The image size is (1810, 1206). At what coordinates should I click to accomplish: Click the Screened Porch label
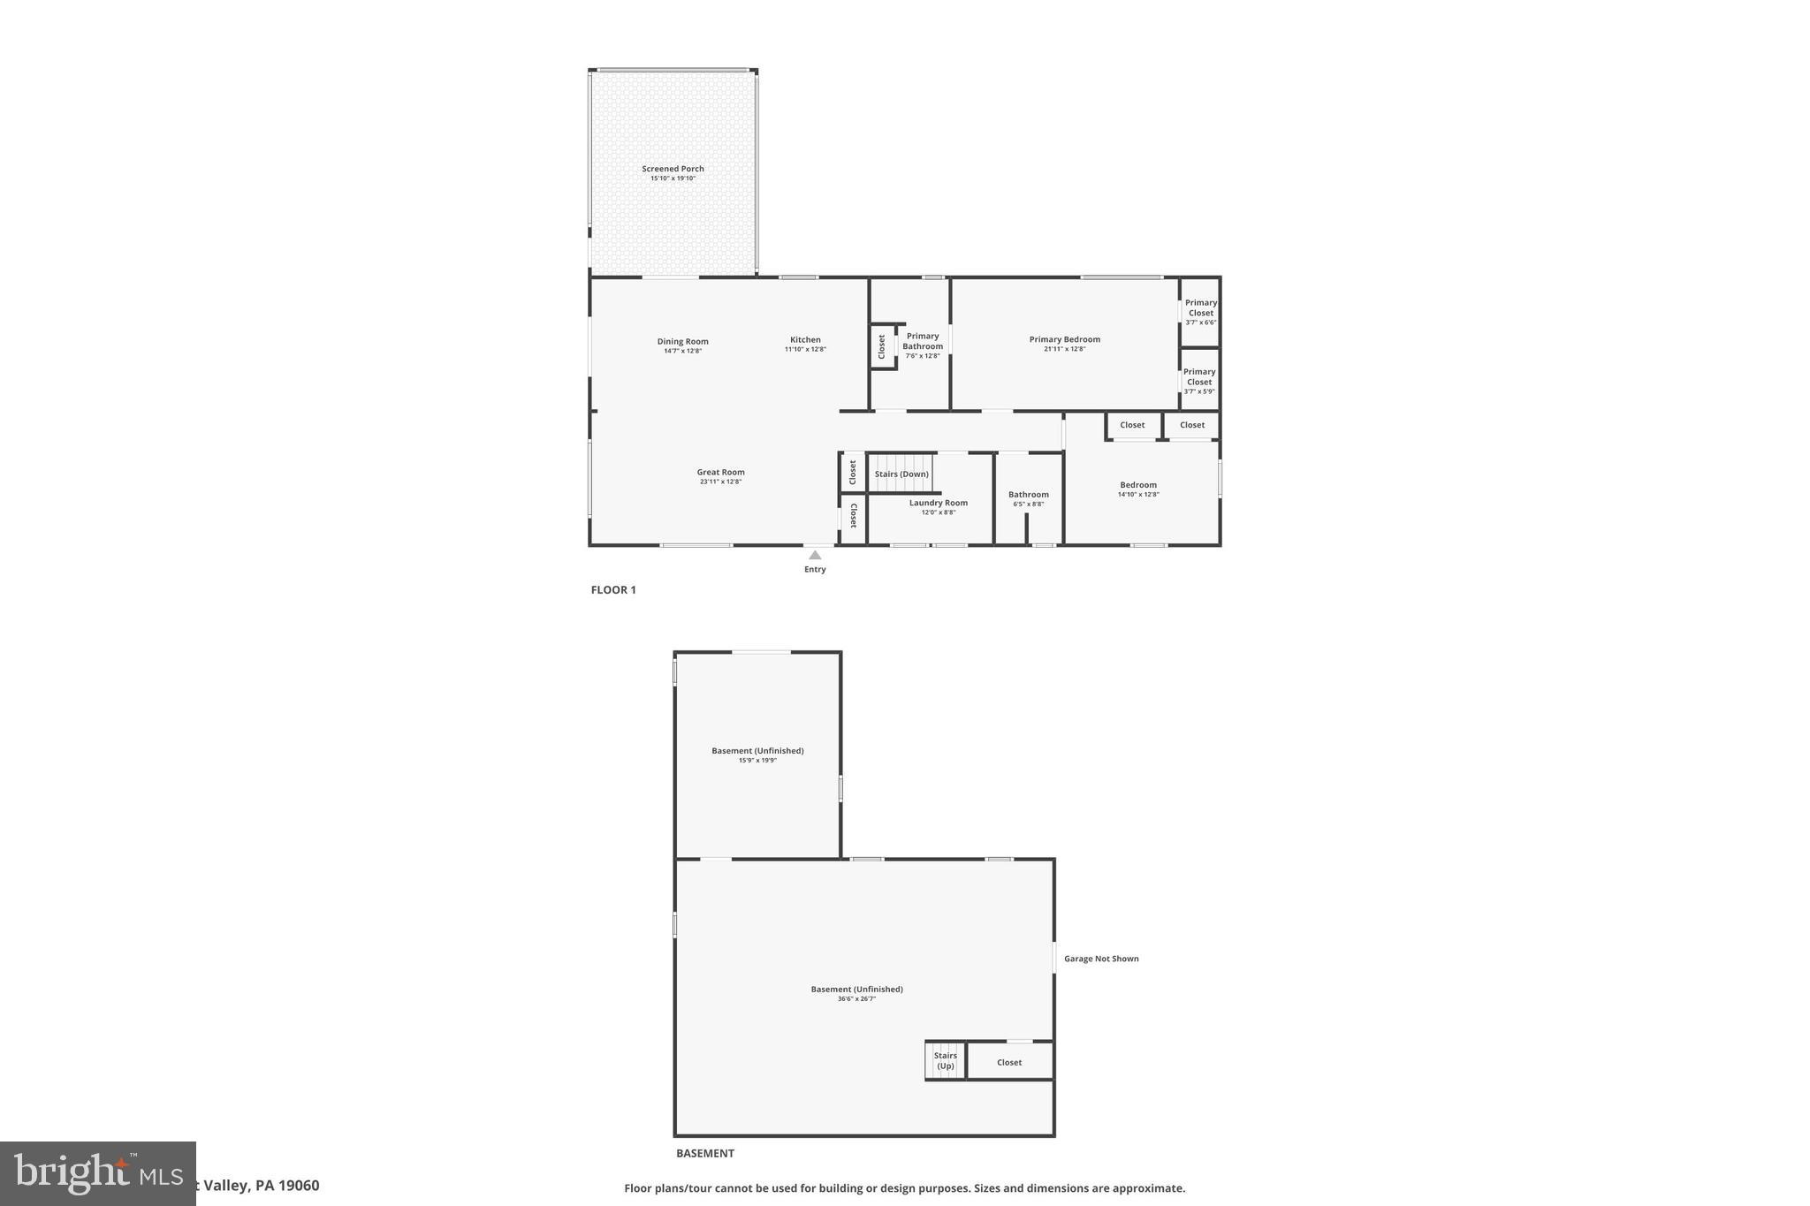[x=673, y=169]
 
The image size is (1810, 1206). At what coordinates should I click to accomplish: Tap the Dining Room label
[x=682, y=342]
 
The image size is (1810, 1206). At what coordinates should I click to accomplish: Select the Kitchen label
[x=805, y=340]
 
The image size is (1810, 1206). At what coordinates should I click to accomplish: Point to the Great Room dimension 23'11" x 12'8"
[x=720, y=482]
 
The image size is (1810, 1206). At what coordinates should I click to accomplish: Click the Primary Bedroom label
[x=1064, y=339]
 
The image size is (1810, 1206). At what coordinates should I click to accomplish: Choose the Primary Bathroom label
[x=923, y=341]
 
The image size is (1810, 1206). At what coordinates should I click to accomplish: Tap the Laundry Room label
[x=939, y=503]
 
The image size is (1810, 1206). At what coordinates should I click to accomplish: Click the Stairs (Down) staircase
[x=901, y=474]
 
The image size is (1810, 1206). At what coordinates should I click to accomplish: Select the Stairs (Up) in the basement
[x=945, y=1060]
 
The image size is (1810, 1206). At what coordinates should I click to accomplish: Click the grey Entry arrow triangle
[x=815, y=555]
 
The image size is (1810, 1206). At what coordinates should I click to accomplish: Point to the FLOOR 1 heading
[x=613, y=590]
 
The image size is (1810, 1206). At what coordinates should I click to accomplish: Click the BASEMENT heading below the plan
[x=704, y=1153]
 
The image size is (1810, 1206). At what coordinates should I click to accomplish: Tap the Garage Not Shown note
[x=1101, y=959]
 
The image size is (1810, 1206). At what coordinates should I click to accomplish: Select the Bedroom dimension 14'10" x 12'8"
[x=1138, y=495]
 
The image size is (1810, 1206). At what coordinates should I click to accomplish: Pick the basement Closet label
[x=1009, y=1063]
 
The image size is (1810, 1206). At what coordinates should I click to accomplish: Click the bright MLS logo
[x=97, y=1173]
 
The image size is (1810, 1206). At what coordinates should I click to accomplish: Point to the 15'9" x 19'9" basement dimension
[x=757, y=761]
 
